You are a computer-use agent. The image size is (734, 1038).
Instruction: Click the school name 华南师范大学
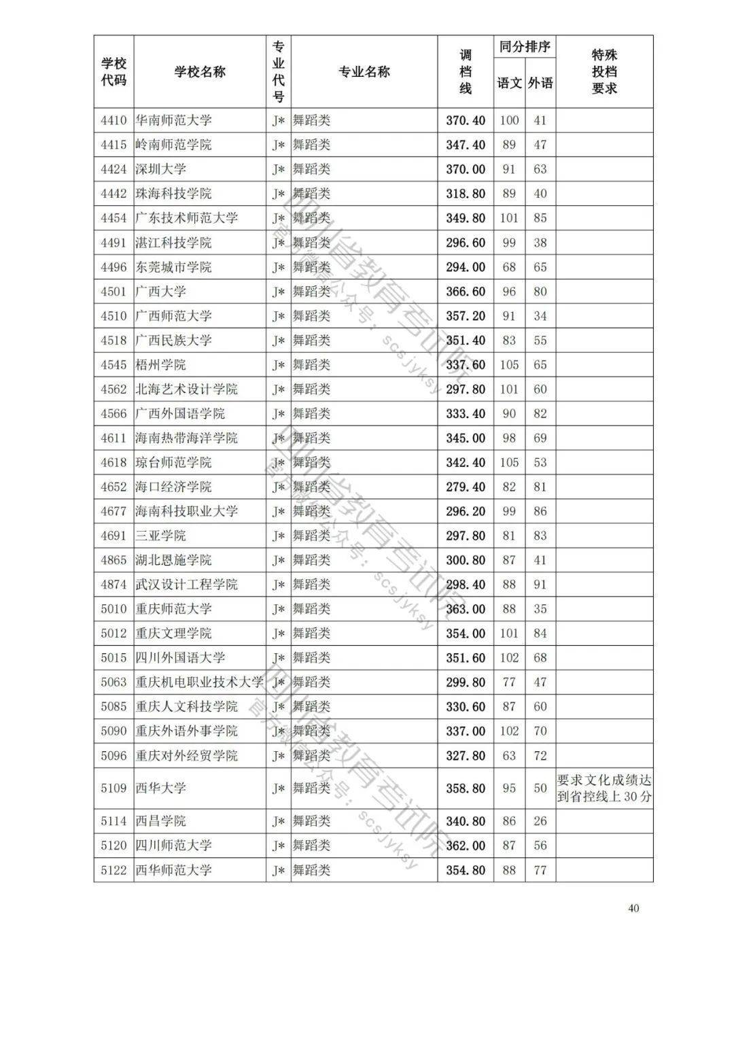pos(173,120)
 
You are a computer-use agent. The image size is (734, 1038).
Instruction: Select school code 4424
pos(113,169)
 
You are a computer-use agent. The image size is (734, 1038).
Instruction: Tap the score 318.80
pos(466,194)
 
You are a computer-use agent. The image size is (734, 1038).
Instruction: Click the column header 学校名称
pos(200,72)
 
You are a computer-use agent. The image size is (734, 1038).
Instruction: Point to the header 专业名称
pos(364,72)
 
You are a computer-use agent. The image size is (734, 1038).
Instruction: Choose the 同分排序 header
pos(525,47)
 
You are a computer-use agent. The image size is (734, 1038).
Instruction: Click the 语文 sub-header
pos(509,83)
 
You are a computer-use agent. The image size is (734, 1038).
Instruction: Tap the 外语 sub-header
pos(540,83)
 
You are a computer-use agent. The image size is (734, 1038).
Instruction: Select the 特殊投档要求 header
pos(604,71)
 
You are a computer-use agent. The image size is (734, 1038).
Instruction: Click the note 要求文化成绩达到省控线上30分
pos(604,789)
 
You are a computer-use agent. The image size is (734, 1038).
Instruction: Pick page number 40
pos(633,908)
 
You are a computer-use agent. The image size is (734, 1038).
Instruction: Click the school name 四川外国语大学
pos(180,658)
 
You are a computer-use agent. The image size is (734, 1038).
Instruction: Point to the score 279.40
pos(466,487)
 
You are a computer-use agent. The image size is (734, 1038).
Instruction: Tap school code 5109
pos(113,789)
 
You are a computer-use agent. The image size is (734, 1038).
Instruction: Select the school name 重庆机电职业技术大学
pos(199,682)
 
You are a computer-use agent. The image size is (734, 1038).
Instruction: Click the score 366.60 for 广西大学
pos(466,292)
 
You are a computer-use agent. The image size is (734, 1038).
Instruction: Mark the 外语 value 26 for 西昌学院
pos(540,821)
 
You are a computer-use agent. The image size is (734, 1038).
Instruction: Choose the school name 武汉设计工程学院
pos(186,585)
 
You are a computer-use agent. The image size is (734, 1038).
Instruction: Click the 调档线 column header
pos(466,71)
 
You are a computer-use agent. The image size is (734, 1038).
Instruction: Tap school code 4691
pos(113,536)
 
